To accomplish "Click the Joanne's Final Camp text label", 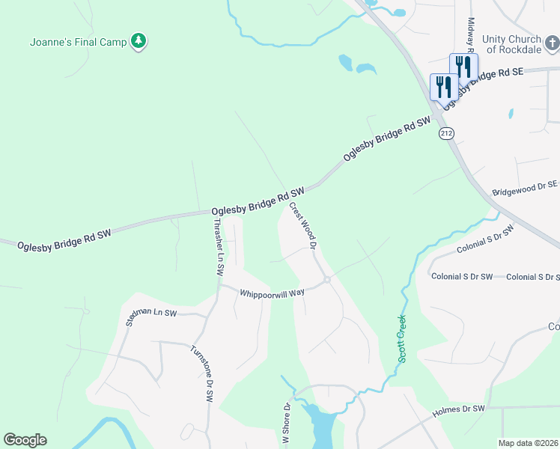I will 78,42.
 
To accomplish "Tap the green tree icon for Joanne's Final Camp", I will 138,42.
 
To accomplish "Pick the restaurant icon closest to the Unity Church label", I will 463,67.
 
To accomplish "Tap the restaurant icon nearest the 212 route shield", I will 444,87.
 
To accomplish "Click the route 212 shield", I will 447,133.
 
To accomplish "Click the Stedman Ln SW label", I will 151,318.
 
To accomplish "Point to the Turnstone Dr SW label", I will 201,374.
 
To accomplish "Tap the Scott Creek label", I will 401,339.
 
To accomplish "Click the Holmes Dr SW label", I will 459,410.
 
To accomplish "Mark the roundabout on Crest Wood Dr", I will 327,280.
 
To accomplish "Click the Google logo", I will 25,440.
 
